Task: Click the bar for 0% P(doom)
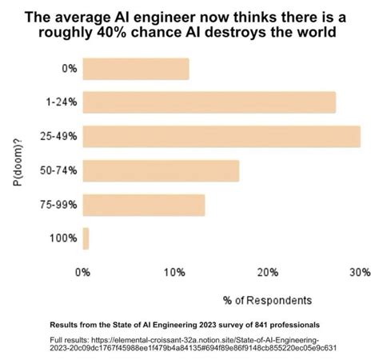(136, 69)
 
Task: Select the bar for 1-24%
(209, 102)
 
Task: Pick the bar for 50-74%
(161, 170)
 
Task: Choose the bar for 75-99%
(144, 205)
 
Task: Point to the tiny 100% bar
(86, 238)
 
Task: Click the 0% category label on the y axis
(70, 69)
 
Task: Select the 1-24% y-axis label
(62, 102)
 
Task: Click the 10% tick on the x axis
(174, 273)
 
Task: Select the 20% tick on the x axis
(267, 273)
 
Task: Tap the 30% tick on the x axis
(359, 273)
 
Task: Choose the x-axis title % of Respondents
(267, 300)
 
